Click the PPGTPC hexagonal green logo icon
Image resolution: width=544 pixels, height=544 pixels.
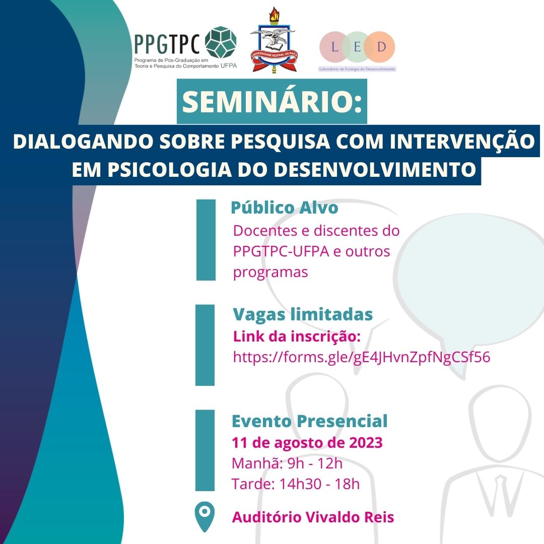221,42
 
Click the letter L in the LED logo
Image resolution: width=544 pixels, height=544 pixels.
334,47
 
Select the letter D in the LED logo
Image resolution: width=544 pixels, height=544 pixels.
381,47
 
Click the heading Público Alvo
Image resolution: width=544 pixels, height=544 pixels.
285,208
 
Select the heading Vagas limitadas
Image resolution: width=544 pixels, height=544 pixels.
303,314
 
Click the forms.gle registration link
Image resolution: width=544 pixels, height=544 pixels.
362,357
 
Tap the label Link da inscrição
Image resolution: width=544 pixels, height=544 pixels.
297,336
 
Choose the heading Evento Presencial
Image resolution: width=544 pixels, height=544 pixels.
309,421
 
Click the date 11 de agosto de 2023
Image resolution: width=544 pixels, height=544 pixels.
307,443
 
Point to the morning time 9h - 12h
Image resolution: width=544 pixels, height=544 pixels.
315,463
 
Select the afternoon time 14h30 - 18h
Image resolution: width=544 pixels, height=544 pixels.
319,484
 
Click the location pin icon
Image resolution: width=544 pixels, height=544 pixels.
205,516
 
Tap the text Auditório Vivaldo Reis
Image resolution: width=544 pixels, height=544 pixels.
313,517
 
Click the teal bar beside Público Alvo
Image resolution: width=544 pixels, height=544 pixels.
206,240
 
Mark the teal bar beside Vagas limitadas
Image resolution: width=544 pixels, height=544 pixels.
205,345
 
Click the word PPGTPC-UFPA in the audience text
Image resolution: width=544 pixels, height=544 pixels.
281,251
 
